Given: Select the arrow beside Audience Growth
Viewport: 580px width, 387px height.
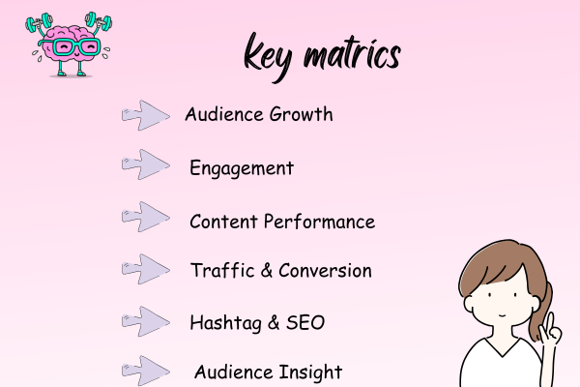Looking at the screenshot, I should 146,115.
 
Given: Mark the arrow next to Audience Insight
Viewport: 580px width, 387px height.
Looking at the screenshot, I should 146,369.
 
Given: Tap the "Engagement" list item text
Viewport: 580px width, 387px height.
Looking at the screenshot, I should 241,169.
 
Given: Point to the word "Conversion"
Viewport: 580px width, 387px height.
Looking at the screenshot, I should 325,271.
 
